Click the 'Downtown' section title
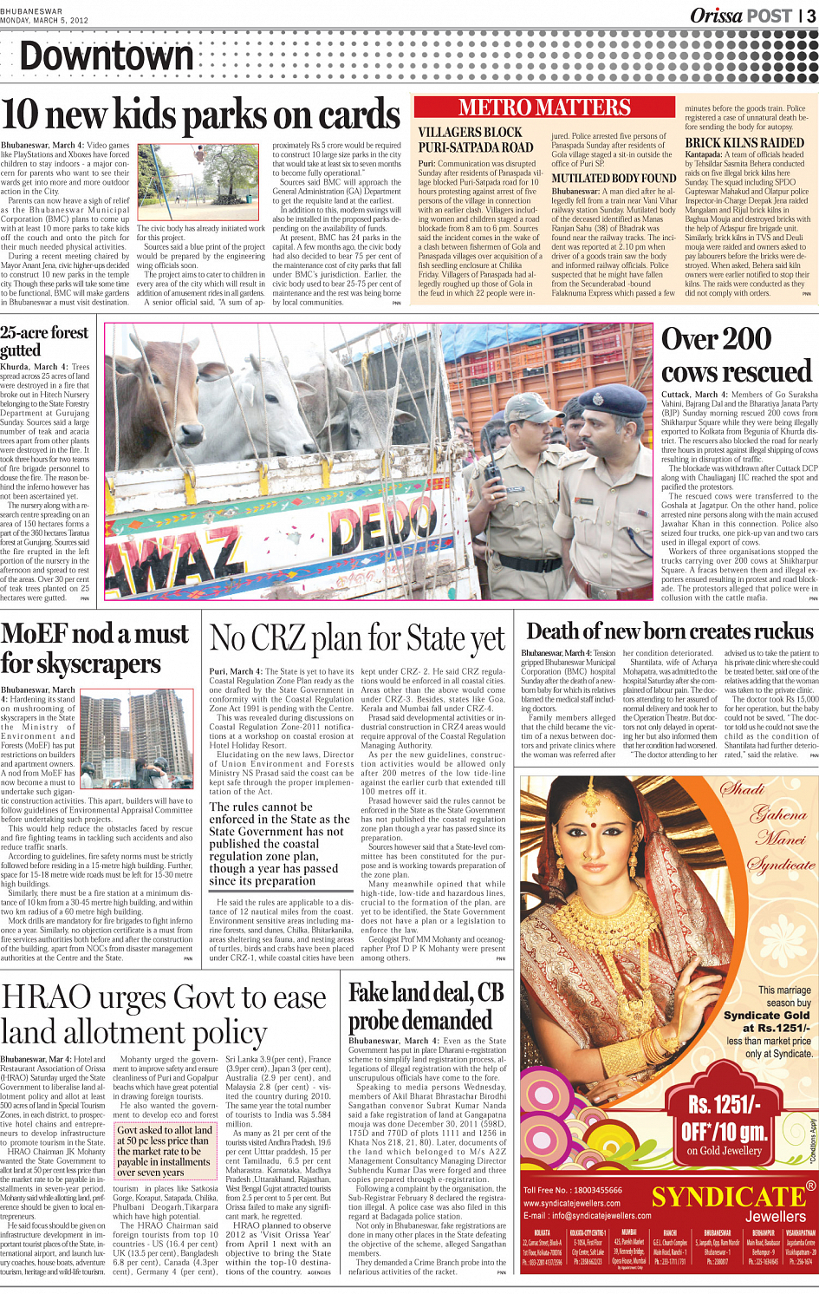coord(107,57)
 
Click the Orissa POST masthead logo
coord(741,16)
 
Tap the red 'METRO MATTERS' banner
coord(544,108)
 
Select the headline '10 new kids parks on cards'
coord(201,116)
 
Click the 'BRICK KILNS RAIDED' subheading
coord(744,143)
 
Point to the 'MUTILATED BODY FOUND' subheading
coord(614,179)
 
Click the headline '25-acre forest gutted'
coord(43,341)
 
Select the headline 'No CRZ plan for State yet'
coord(357,640)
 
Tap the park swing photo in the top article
coord(202,182)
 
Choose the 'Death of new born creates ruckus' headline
coord(670,631)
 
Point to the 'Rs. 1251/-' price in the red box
coord(725,1105)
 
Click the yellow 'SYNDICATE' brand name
coord(728,1198)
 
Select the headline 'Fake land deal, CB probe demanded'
coord(426,1006)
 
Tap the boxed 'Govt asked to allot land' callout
coord(164,1151)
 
